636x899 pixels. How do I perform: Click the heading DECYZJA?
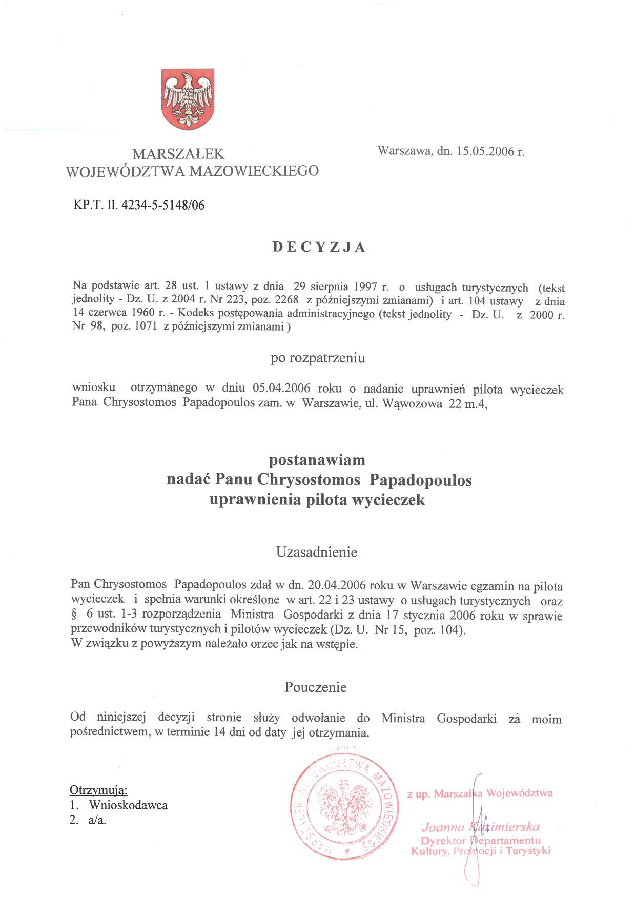click(318, 247)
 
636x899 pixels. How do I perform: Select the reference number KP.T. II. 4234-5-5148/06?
click(139, 206)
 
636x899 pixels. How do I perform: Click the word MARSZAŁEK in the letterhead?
click(178, 153)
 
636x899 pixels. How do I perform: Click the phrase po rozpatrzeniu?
click(318, 358)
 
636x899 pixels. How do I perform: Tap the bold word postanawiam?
click(318, 460)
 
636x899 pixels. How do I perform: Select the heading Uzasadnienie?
click(316, 552)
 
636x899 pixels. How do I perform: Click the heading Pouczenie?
click(316, 687)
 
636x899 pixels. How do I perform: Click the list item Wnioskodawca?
click(128, 805)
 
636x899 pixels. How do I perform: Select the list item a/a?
click(97, 820)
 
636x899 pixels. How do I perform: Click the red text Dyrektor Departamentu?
click(481, 841)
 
